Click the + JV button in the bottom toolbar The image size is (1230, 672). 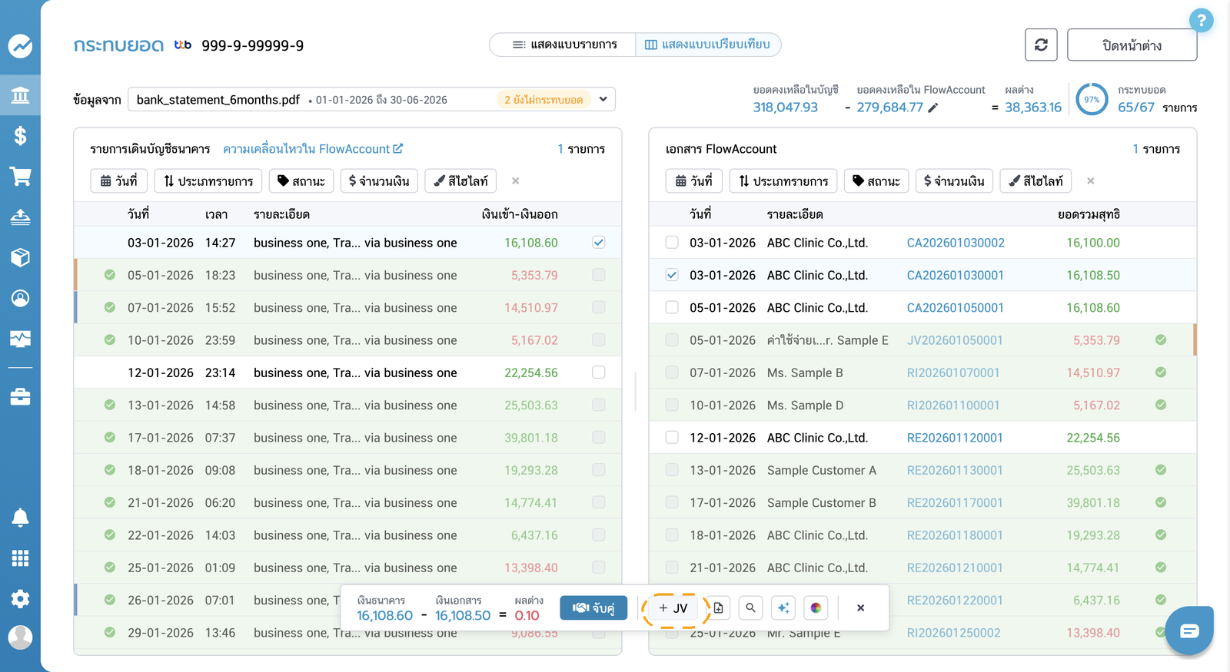673,607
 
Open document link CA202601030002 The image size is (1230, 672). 956,243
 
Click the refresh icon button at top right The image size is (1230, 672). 1041,45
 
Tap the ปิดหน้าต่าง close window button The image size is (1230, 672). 1132,45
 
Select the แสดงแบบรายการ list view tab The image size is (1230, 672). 564,45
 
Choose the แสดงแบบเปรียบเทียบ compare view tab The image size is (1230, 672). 707,45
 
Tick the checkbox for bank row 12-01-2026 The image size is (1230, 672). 599,372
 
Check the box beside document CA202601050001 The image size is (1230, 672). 672,307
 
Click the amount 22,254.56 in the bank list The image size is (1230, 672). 531,372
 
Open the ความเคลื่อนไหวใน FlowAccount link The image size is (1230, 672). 312,149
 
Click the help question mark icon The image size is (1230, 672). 1201,21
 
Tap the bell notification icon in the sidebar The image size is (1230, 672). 20,518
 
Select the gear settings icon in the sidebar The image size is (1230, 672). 20,598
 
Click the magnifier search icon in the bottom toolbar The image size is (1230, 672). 750,607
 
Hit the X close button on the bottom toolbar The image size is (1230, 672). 860,607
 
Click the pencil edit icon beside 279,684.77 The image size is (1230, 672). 932,108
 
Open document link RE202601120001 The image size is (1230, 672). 954,438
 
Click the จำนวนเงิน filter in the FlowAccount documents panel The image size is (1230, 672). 954,181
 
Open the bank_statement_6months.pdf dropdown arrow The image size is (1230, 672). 603,99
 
